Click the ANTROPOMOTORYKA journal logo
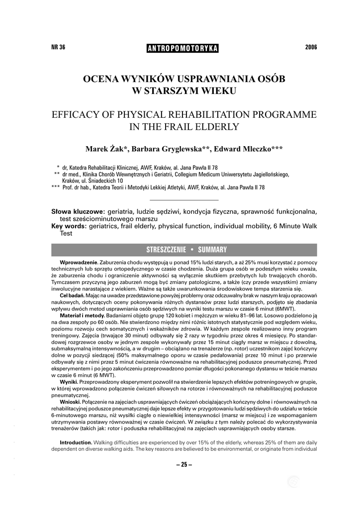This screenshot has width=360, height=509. click(182, 48)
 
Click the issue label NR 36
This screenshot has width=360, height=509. click(58, 48)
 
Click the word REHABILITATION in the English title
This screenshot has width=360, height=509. click(201, 114)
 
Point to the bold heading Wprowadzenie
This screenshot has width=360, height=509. click(79, 262)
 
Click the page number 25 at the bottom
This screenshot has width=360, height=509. click(183, 465)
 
